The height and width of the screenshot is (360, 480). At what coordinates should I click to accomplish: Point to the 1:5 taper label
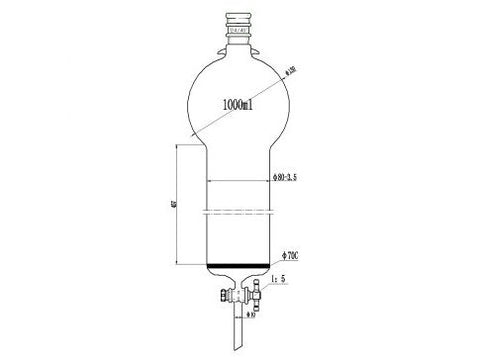[x=291, y=281]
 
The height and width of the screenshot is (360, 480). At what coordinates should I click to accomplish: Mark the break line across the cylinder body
[x=240, y=211]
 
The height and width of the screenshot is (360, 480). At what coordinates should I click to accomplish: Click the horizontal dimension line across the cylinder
[x=240, y=180]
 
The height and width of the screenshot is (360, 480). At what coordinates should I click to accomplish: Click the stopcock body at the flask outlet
[x=240, y=293]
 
